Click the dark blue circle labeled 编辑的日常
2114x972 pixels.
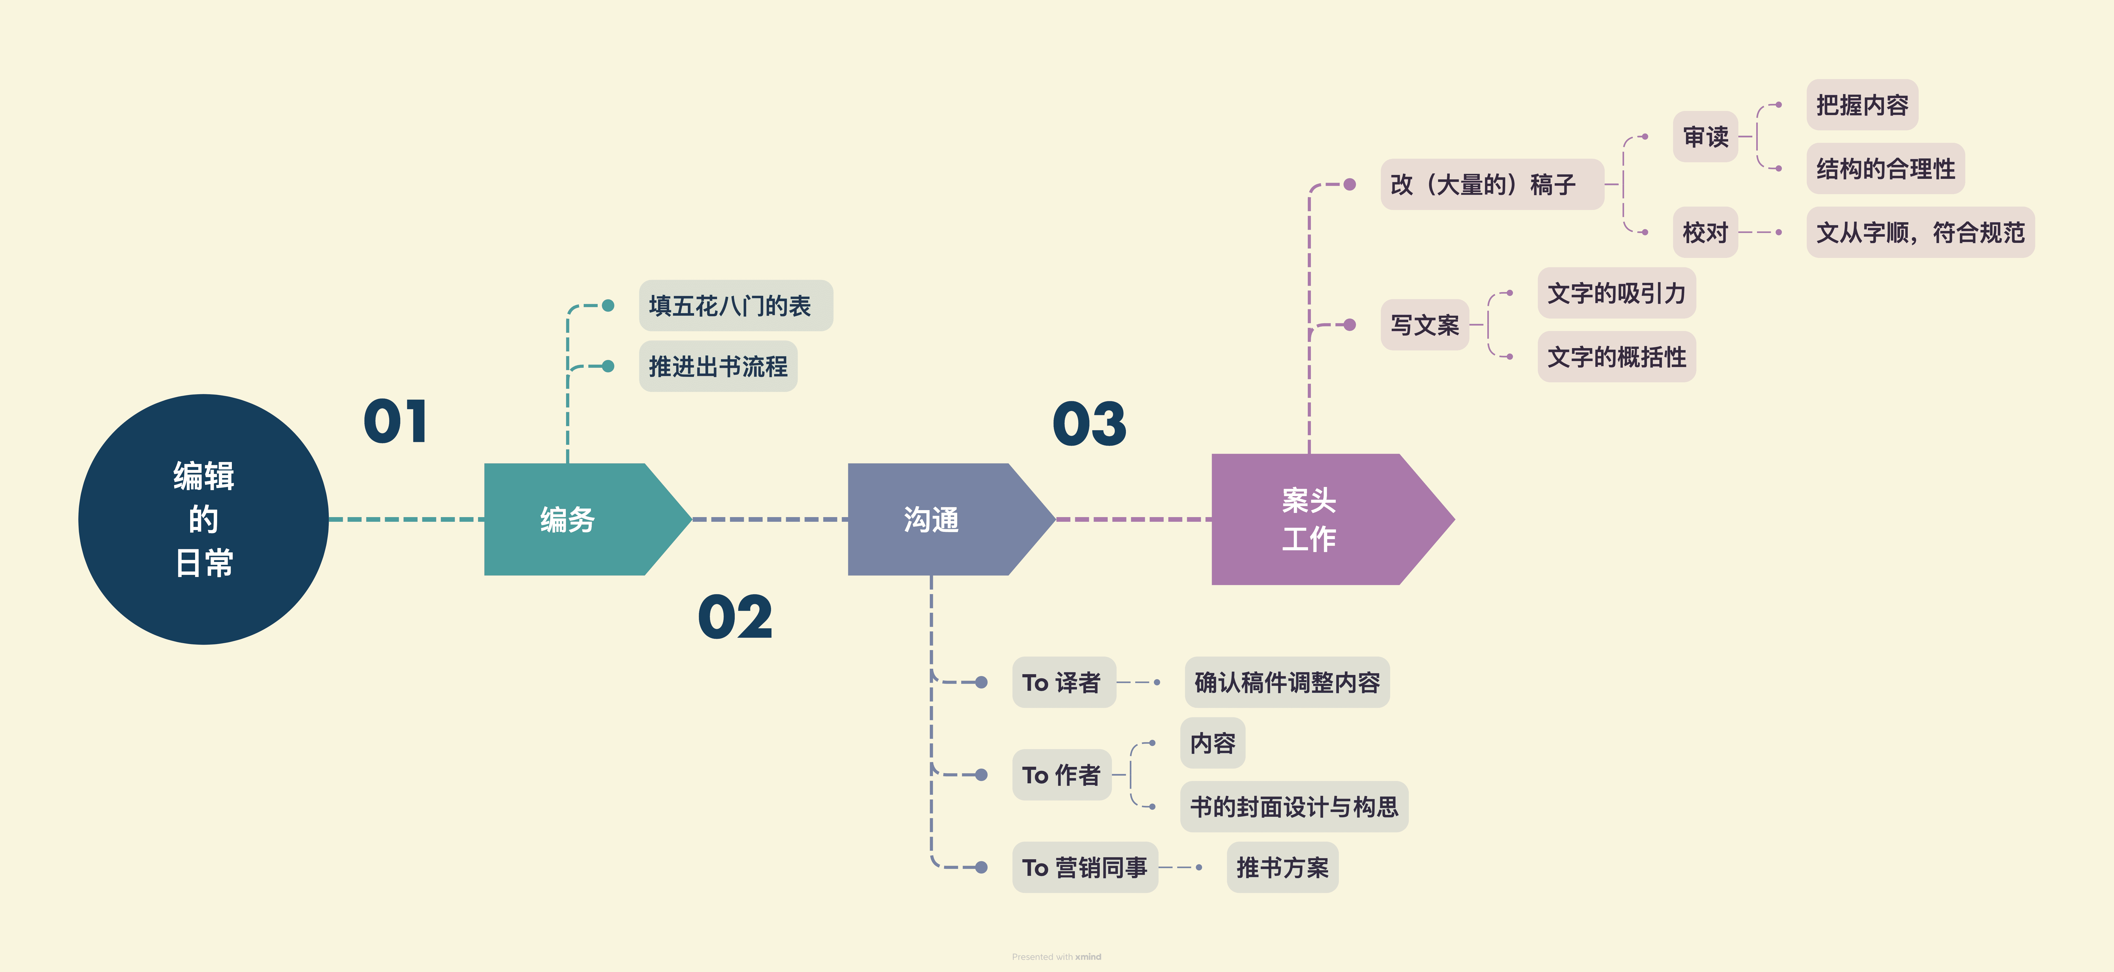click(x=204, y=519)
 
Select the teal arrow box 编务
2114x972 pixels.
click(x=574, y=519)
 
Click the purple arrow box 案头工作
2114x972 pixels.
click(x=1313, y=519)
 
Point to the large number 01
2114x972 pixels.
click(x=396, y=422)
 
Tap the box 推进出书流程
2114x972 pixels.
click(x=717, y=366)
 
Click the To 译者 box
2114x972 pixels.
click(x=1063, y=682)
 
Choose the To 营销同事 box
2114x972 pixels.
click(x=1084, y=867)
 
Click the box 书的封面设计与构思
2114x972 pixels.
click(x=1293, y=806)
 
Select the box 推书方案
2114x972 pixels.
click(x=1282, y=867)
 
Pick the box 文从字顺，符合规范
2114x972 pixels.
click(x=1919, y=232)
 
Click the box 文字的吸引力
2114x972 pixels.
click(x=1616, y=293)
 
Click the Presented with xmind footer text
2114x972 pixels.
click(x=1056, y=956)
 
